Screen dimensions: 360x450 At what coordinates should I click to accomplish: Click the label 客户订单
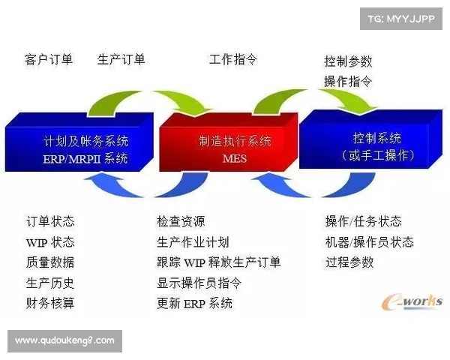49,59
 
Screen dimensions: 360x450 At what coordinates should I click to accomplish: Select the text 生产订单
121,59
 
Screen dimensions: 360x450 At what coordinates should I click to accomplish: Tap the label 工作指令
233,59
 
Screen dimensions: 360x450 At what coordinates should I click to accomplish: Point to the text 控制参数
348,61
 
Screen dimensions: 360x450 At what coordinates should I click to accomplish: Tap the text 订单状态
50,222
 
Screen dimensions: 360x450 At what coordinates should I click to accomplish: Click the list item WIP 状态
50,242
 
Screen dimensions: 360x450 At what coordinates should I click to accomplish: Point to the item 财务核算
50,303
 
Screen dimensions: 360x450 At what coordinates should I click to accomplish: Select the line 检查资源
181,222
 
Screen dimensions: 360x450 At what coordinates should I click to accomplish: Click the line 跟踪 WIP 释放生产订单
219,262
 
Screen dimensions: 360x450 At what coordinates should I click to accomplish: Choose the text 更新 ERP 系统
195,303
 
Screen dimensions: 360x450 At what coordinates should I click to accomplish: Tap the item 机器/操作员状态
369,242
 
